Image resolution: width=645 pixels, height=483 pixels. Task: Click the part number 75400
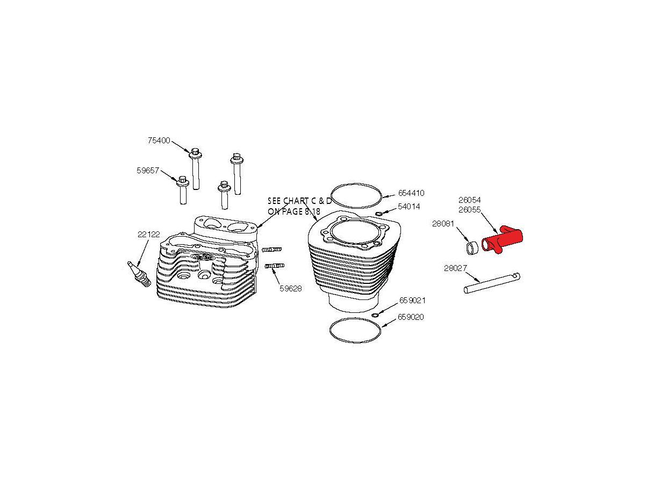tap(159, 141)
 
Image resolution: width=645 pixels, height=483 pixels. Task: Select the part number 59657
tap(148, 170)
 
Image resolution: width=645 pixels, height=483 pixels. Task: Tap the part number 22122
tap(149, 235)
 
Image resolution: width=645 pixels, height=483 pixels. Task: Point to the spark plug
tap(139, 274)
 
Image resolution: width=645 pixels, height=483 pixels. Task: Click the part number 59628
tap(291, 289)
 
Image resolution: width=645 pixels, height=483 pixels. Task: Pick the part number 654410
tap(411, 193)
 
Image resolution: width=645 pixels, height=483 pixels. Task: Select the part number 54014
tap(408, 207)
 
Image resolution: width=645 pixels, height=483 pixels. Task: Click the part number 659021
tap(412, 301)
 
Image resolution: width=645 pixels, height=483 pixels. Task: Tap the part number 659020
tap(411, 317)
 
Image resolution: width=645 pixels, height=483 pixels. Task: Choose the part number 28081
tap(443, 224)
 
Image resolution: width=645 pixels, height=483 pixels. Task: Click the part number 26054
tap(470, 200)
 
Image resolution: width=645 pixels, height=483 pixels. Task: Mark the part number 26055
tap(470, 210)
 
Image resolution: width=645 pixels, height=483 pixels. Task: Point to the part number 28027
tap(455, 268)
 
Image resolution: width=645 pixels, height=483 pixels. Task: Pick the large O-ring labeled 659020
tap(355, 318)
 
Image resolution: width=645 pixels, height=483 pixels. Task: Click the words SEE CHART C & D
tap(299, 201)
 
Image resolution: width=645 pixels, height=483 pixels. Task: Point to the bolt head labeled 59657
tap(182, 181)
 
